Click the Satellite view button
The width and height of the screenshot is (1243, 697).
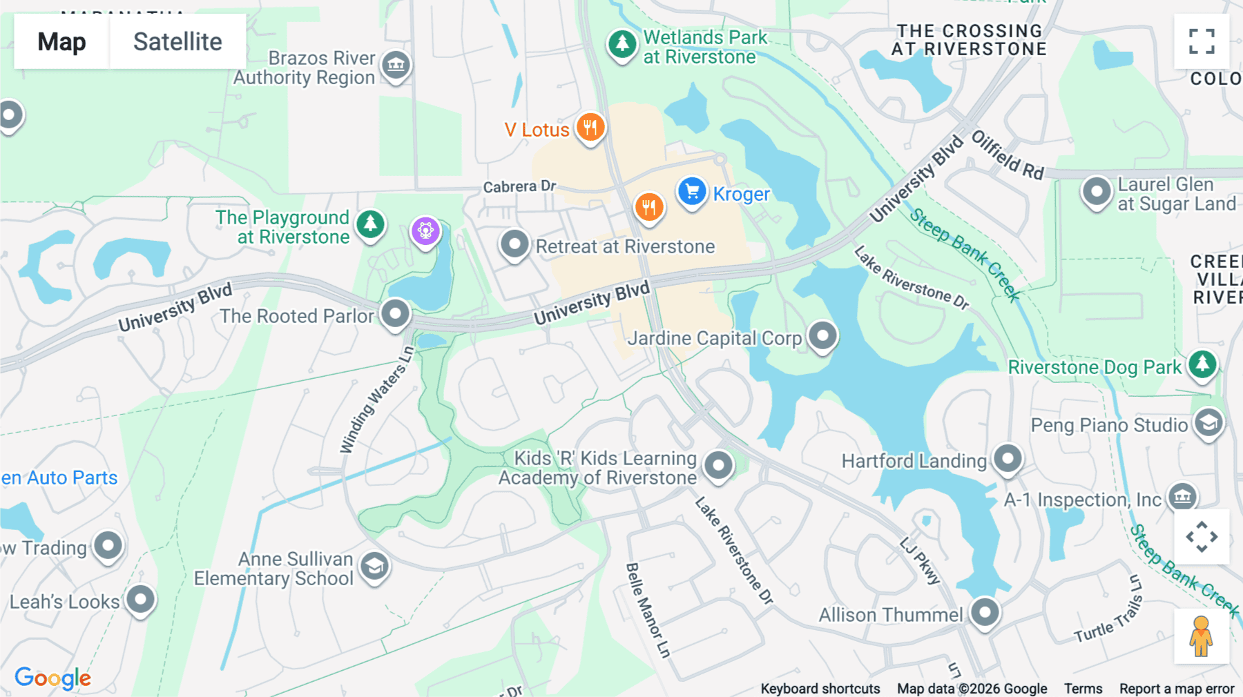177,41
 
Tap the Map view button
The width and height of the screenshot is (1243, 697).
61,41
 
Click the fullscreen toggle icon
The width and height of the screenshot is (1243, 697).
1202,41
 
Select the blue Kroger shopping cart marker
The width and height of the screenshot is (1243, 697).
692,192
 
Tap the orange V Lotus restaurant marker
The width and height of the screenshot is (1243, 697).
590,128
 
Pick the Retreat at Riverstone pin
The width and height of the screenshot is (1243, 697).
514,244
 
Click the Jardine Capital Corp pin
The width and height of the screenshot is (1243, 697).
822,337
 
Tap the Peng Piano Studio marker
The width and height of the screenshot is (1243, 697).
1208,423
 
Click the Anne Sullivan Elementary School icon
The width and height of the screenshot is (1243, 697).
374,567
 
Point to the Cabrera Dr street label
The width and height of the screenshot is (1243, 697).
519,186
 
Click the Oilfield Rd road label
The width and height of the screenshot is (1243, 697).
1008,155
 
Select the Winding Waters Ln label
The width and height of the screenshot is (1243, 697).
377,400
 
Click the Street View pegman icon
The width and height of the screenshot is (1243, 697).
1201,636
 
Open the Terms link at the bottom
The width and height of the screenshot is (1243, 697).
1083,689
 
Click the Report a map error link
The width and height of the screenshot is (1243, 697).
1177,689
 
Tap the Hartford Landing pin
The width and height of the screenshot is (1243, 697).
1008,459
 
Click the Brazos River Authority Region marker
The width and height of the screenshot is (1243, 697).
396,66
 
